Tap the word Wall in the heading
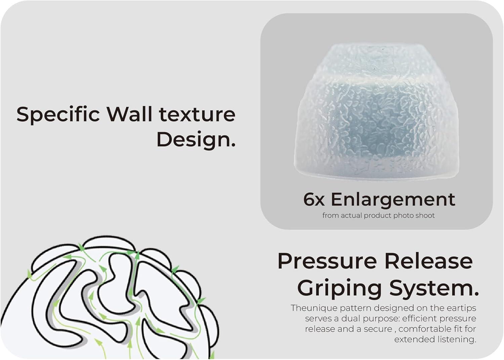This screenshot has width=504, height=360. point(129,114)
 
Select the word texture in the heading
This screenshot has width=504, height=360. point(197,114)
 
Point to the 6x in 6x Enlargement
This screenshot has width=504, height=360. point(314,199)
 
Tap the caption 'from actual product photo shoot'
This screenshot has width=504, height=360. point(378,215)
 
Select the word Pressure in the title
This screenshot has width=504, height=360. point(327,261)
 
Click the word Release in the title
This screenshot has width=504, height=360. point(429,261)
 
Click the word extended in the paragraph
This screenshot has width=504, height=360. point(413,339)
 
